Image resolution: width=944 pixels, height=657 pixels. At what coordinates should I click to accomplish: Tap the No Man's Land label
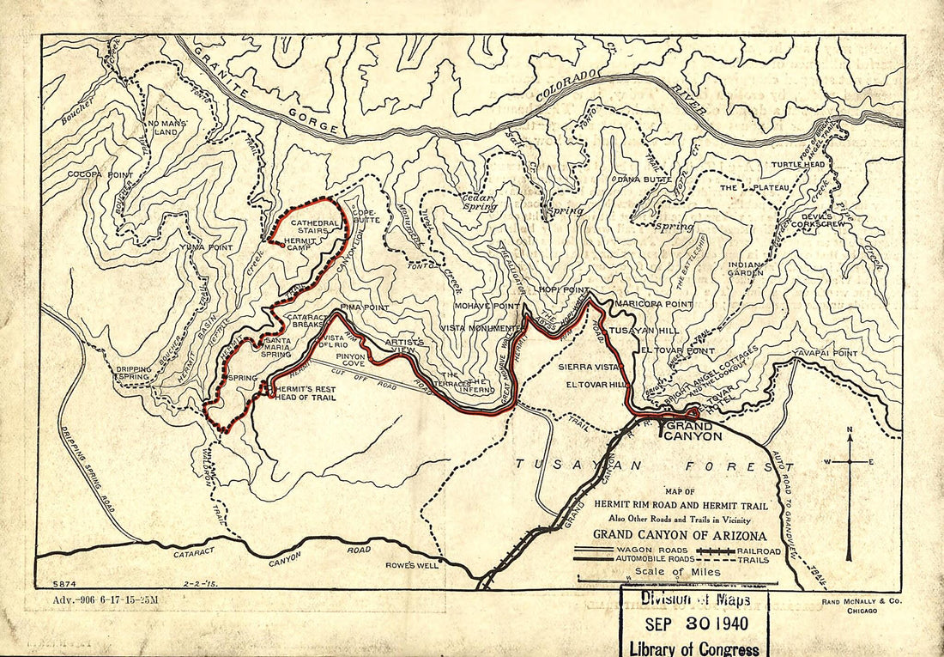point(166,128)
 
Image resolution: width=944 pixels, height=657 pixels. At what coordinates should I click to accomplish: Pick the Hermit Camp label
point(302,246)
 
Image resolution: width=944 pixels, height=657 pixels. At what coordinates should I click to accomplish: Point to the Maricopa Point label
point(651,305)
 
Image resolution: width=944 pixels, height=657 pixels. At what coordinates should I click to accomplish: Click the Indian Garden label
point(745,269)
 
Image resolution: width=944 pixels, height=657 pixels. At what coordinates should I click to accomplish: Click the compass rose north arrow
point(850,441)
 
